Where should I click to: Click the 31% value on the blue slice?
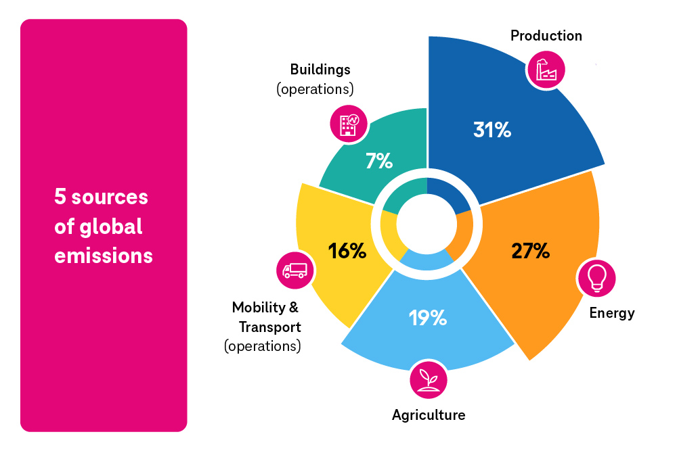(x=492, y=130)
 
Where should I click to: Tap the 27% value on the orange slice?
(x=531, y=251)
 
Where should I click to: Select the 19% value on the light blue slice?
(x=428, y=317)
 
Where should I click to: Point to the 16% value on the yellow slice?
(x=347, y=251)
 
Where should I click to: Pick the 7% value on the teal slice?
(x=379, y=161)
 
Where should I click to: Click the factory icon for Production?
(x=546, y=69)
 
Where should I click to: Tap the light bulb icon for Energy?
(x=596, y=278)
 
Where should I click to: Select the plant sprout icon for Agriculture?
(x=429, y=379)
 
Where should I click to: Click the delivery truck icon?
(x=295, y=270)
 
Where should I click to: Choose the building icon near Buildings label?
(x=349, y=123)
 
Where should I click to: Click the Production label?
(x=546, y=36)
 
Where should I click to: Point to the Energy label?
(x=612, y=313)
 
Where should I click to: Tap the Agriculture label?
(x=429, y=414)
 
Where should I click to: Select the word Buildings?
(x=320, y=70)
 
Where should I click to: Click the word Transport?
(x=269, y=327)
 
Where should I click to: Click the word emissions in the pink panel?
(x=104, y=257)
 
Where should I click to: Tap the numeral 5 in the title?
(x=60, y=197)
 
